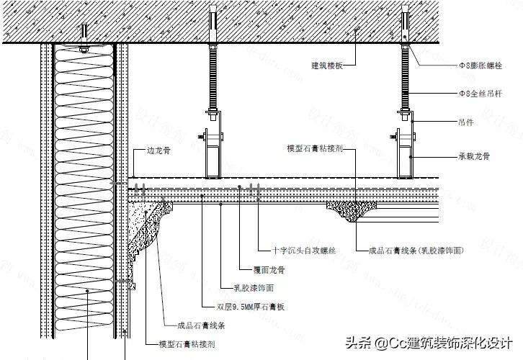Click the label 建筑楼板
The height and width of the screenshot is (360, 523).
(326, 66)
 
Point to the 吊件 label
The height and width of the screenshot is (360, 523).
(465, 122)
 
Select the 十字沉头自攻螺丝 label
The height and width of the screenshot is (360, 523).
(304, 251)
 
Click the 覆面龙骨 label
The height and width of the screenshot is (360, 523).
(269, 271)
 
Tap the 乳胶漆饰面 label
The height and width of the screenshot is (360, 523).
(254, 288)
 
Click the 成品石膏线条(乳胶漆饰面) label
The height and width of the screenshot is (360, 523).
(415, 251)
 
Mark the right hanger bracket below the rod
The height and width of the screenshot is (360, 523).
(406, 144)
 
